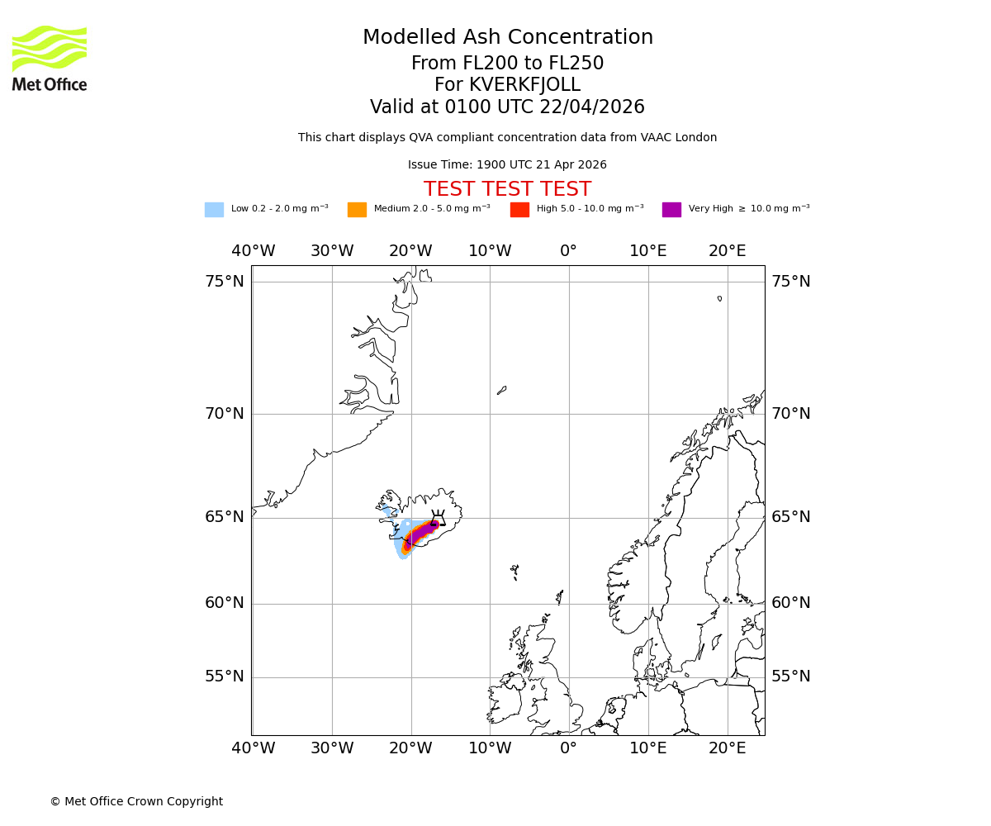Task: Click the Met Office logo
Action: pyautogui.click(x=50, y=58)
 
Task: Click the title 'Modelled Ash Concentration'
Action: pyautogui.click(x=508, y=37)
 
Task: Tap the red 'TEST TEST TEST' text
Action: pyautogui.click(x=507, y=189)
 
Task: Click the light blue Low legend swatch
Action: pyautogui.click(x=214, y=210)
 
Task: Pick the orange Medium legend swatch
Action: pyautogui.click(x=357, y=210)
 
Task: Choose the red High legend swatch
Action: pyautogui.click(x=519, y=210)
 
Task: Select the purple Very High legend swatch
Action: pyautogui.click(x=671, y=210)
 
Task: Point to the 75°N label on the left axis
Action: pyautogui.click(x=225, y=282)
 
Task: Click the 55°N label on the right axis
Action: pyautogui.click(x=791, y=676)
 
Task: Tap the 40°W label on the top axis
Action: pyautogui.click(x=254, y=251)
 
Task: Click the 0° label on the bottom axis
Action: pyautogui.click(x=568, y=748)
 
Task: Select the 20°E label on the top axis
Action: pyautogui.click(x=727, y=251)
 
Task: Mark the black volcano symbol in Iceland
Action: pyautogui.click(x=438, y=518)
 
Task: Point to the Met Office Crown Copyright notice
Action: pyautogui.click(x=136, y=801)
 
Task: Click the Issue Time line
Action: pyautogui.click(x=507, y=164)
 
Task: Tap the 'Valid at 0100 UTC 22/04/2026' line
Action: pyautogui.click(x=507, y=107)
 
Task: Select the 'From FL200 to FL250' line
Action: pyautogui.click(x=507, y=64)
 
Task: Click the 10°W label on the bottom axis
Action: pyautogui.click(x=490, y=748)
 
